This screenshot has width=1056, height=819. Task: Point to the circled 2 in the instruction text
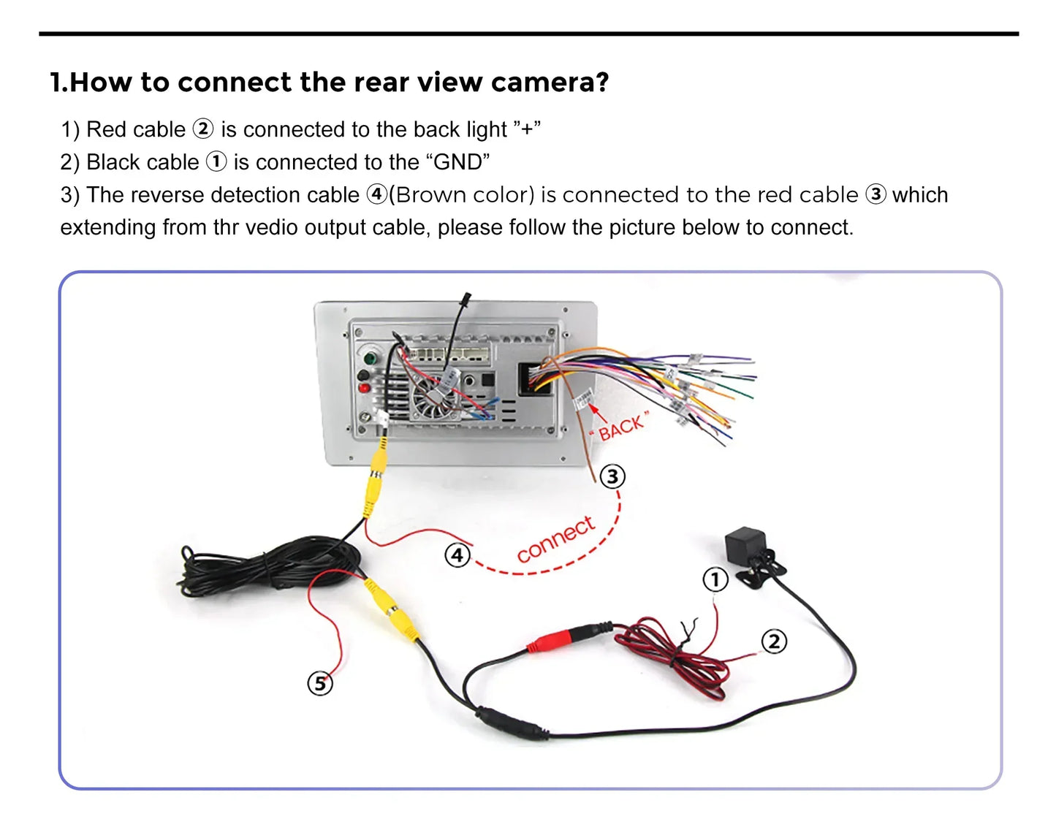coord(202,129)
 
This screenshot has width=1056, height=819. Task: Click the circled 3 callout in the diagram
coord(612,476)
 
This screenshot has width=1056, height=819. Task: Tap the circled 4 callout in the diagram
coord(457,555)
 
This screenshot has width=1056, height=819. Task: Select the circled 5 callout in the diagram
coord(319,684)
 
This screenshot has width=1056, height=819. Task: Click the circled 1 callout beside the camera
coord(715,580)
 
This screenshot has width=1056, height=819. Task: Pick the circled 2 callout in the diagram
coord(774,641)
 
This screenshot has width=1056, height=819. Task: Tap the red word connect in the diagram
coord(555,539)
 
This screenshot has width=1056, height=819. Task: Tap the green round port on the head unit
coord(371,359)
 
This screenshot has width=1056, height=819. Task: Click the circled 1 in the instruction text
coord(216,161)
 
